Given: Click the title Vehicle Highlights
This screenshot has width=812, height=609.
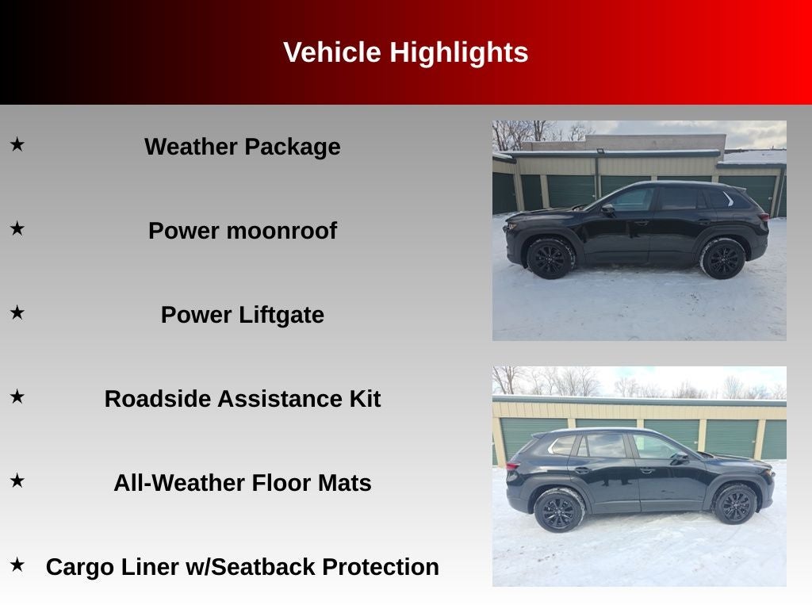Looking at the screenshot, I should click(405, 52).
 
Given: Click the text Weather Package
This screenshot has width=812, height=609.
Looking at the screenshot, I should click(242, 147).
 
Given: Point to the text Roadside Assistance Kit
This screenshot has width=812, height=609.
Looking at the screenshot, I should click(242, 399).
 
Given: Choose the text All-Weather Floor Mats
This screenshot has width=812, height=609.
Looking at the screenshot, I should click(242, 483).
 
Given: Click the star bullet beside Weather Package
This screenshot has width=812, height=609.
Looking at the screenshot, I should click(17, 144).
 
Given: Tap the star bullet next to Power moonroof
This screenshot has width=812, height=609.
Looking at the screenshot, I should click(17, 228).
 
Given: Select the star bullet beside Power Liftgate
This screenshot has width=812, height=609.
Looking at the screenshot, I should click(17, 312).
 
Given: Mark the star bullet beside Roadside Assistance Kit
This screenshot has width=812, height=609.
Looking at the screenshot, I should click(17, 396).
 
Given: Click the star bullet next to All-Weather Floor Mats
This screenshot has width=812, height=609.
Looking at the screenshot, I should click(17, 481).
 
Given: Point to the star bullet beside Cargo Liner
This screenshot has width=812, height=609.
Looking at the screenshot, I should click(17, 565).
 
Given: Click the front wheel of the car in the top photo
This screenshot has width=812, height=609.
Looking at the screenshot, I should click(550, 258).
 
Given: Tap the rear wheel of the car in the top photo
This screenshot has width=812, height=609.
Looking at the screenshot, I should click(722, 259).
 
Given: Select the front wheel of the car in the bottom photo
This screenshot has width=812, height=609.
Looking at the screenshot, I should click(735, 504).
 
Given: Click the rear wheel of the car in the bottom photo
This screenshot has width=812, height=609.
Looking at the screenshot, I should click(558, 510).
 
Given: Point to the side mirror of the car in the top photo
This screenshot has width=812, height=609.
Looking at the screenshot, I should click(608, 209).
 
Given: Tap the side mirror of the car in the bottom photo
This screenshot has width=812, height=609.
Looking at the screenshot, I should click(679, 458).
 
